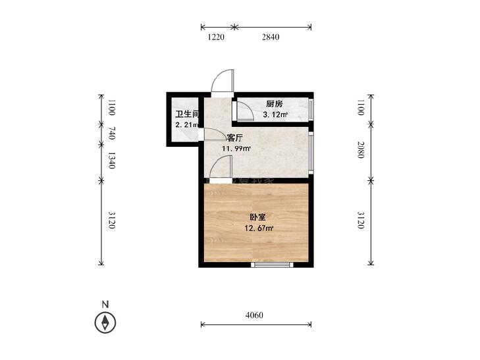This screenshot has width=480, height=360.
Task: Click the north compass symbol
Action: point(105,322)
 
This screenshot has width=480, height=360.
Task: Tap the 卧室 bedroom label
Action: point(257,217)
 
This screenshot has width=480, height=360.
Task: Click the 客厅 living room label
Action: point(235,138)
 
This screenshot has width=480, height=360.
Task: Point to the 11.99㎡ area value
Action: point(236,149)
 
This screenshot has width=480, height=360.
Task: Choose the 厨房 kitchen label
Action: point(275,104)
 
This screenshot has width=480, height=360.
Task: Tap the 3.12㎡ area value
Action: point(275,115)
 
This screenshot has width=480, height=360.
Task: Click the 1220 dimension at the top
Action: point(217,37)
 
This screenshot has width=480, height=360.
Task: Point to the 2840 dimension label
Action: point(271,37)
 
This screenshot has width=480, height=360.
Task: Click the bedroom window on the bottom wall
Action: point(271,265)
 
